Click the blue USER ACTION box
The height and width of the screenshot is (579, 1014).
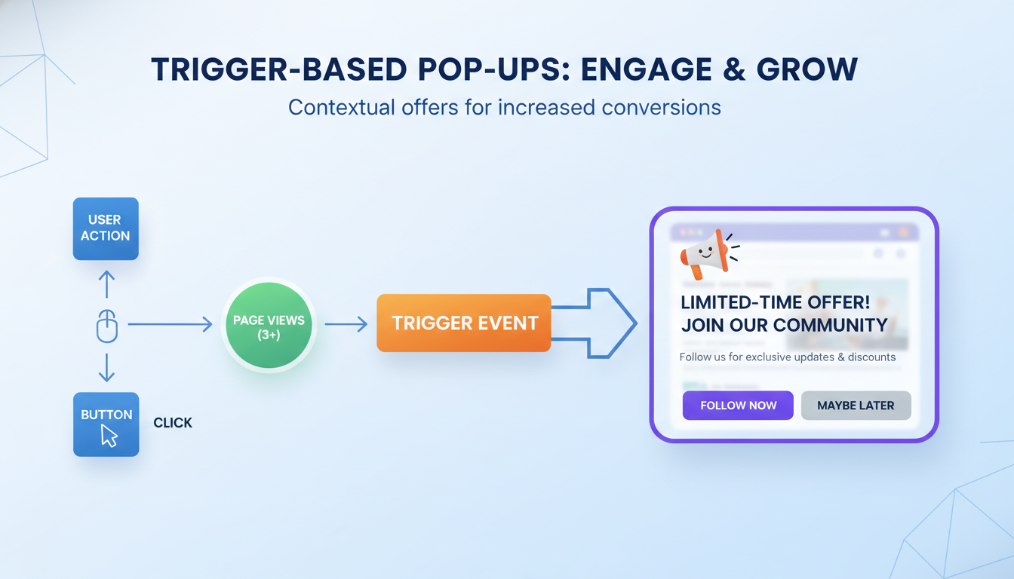point(106,228)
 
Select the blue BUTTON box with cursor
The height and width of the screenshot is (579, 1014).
point(106,424)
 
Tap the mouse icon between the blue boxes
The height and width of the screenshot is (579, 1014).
point(107,326)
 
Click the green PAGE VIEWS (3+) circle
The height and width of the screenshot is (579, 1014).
point(269,326)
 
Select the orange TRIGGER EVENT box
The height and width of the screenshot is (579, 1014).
point(464,323)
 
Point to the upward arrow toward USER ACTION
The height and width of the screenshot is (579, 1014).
point(107,284)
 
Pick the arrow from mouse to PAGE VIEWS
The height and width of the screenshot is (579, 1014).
point(170,325)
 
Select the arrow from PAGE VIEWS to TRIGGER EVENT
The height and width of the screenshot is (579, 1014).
point(346,325)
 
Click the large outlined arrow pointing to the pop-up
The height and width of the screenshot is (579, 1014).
point(600,323)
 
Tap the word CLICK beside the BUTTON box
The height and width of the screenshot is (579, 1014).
point(173,423)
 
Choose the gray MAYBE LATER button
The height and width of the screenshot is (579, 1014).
point(856,406)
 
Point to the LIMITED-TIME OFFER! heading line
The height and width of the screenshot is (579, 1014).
point(775,302)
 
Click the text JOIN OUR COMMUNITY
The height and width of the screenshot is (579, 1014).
point(784,326)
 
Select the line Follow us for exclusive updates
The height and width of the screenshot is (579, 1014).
point(787,357)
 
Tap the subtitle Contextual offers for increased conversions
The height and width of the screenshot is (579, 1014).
point(504,107)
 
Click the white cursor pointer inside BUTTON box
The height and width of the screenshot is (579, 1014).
point(109,436)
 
